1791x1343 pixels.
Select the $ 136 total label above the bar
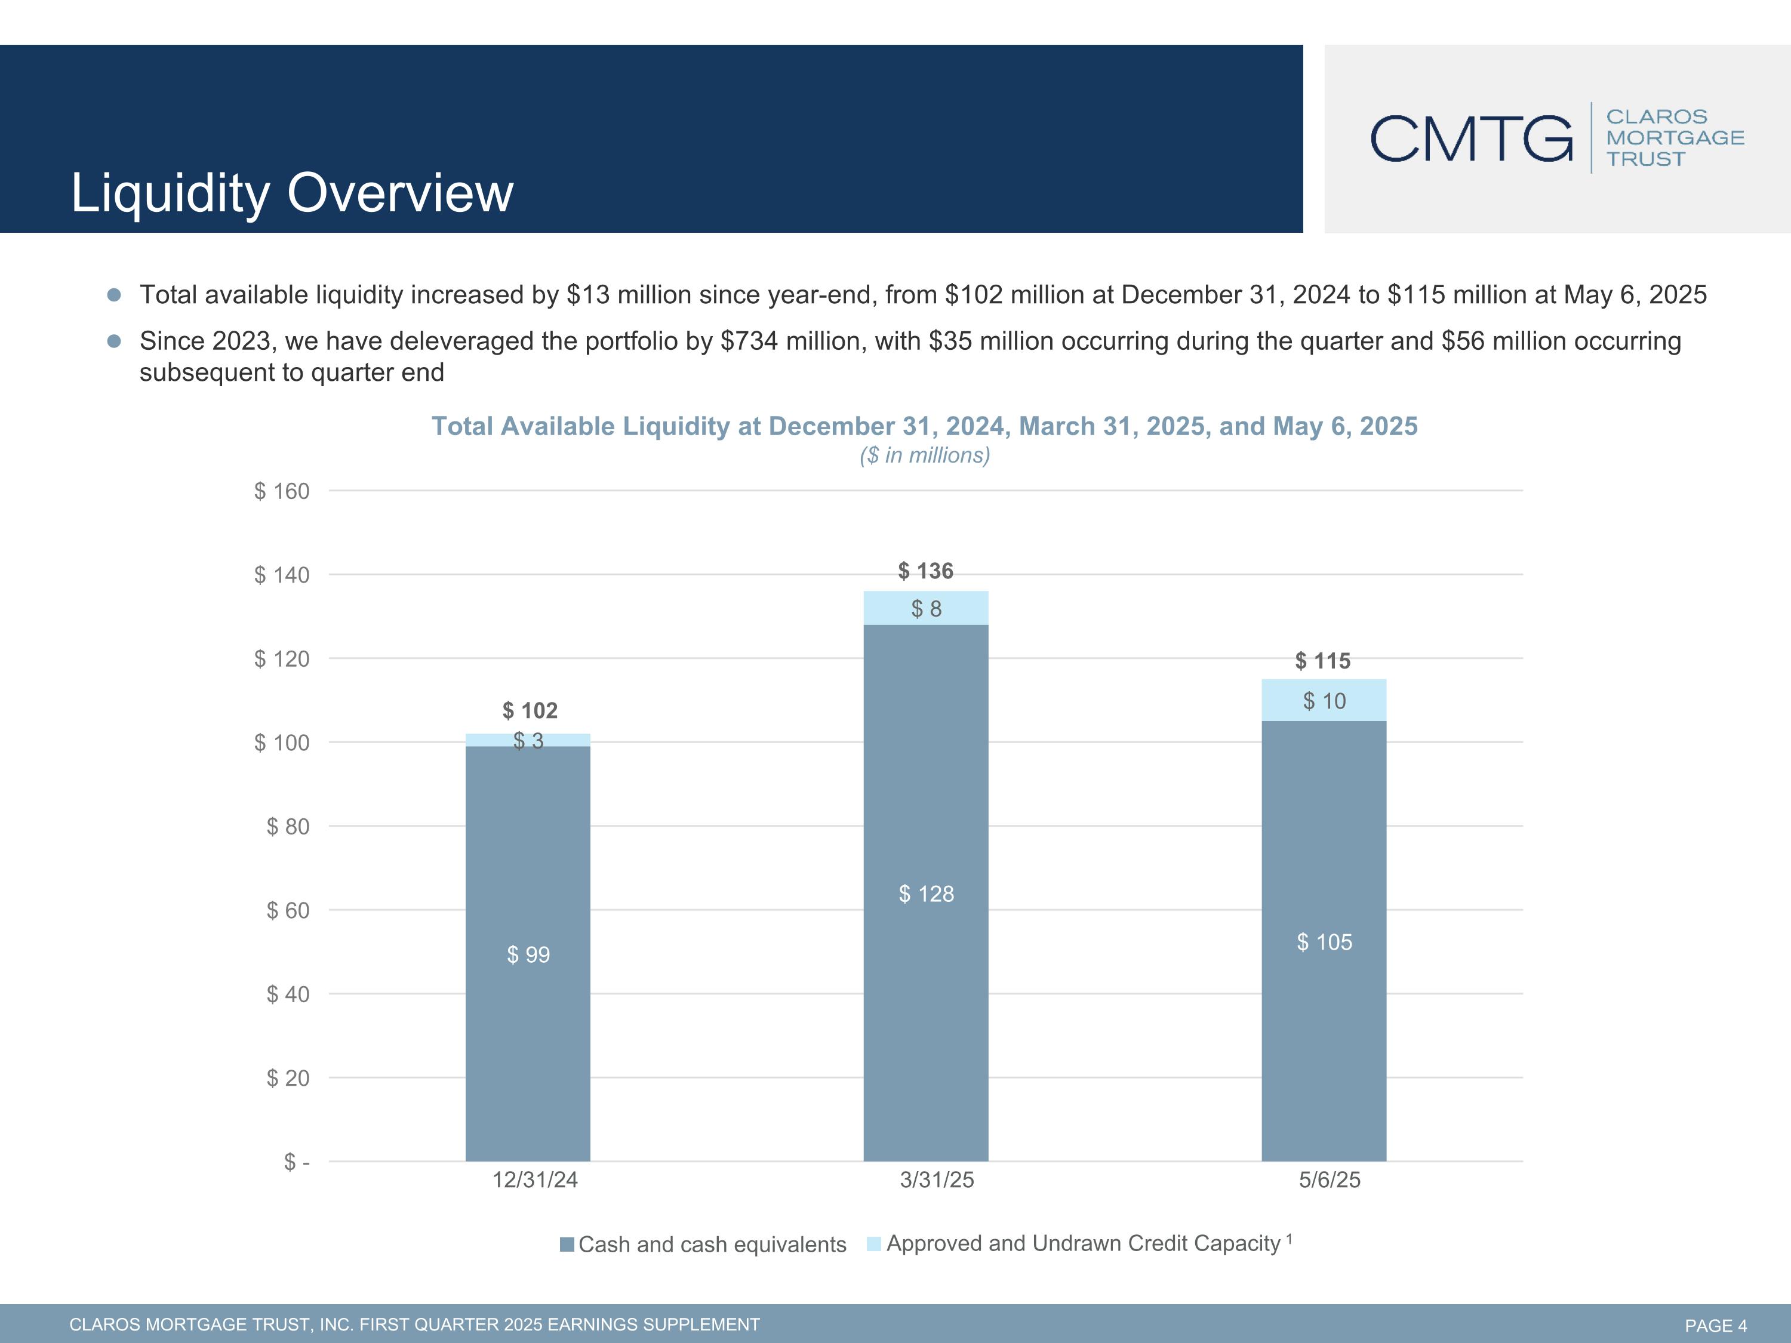coord(925,572)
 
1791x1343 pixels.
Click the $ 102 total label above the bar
coord(530,711)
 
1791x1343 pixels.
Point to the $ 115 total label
coord(1323,661)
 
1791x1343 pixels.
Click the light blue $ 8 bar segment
coord(925,608)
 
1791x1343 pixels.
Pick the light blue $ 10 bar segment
coord(1324,700)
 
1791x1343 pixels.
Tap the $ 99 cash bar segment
coord(528,954)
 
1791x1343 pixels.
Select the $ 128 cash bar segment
coord(925,894)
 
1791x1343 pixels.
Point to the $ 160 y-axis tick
coord(282,491)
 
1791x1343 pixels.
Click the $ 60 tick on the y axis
coord(288,911)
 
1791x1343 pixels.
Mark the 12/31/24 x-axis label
coord(534,1180)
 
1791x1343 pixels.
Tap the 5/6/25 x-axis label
coord(1330,1180)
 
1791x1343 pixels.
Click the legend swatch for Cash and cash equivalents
coord(567,1245)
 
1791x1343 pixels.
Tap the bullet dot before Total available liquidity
coord(114,295)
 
